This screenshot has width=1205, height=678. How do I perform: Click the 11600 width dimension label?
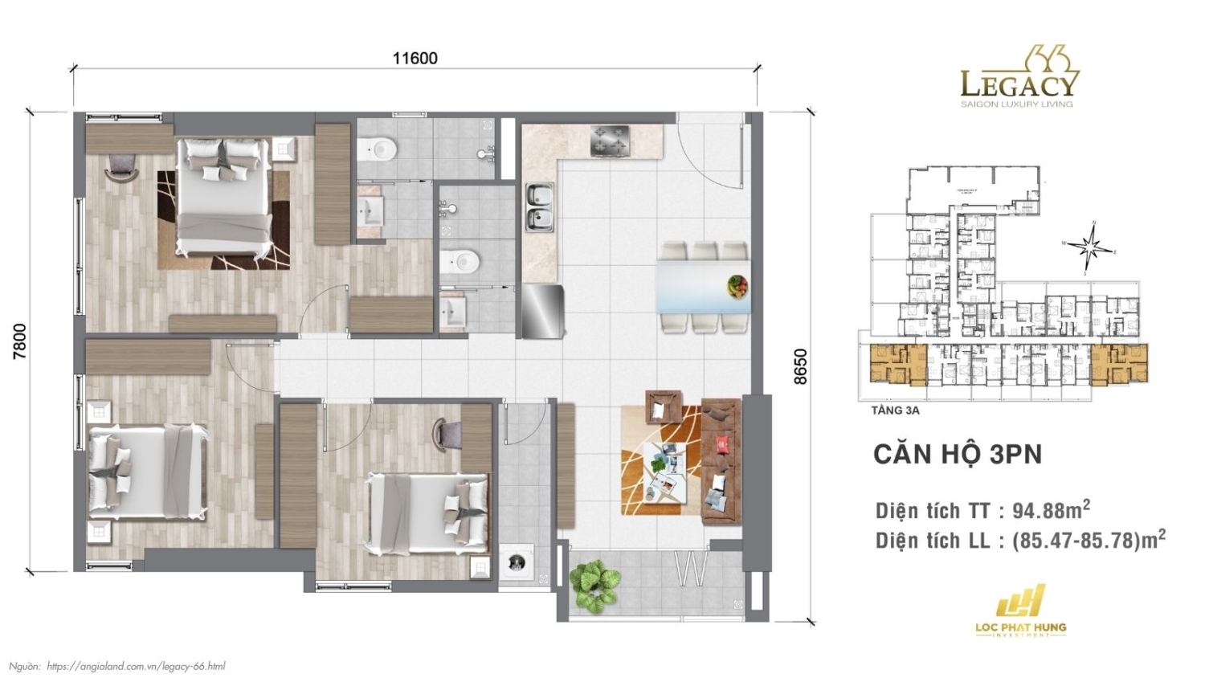tap(415, 58)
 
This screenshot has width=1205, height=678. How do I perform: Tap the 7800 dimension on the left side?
tap(19, 340)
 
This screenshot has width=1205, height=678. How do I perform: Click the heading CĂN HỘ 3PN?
tap(957, 454)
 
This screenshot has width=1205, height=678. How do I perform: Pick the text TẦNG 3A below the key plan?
tap(894, 410)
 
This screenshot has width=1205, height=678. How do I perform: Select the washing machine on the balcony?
tap(515, 562)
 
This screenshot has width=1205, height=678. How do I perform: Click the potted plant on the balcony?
tap(594, 586)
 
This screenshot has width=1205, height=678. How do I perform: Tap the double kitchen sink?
tap(539, 206)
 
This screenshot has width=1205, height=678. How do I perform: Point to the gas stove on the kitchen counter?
tap(611, 141)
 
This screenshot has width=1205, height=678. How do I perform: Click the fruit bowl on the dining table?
tap(737, 285)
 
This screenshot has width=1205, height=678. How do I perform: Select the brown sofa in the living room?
tap(721, 461)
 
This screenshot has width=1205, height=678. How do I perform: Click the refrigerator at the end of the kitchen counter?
tap(543, 311)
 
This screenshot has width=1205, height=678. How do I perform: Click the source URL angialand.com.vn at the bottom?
tap(136, 666)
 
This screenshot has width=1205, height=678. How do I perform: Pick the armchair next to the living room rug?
tap(664, 406)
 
